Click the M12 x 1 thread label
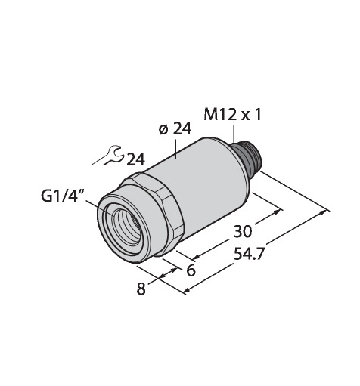[233, 115]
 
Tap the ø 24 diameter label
[175, 129]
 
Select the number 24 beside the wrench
[135, 159]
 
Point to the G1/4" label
[62, 195]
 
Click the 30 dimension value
[243, 231]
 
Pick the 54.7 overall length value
[249, 254]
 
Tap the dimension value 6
[191, 270]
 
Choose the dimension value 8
[141, 289]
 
